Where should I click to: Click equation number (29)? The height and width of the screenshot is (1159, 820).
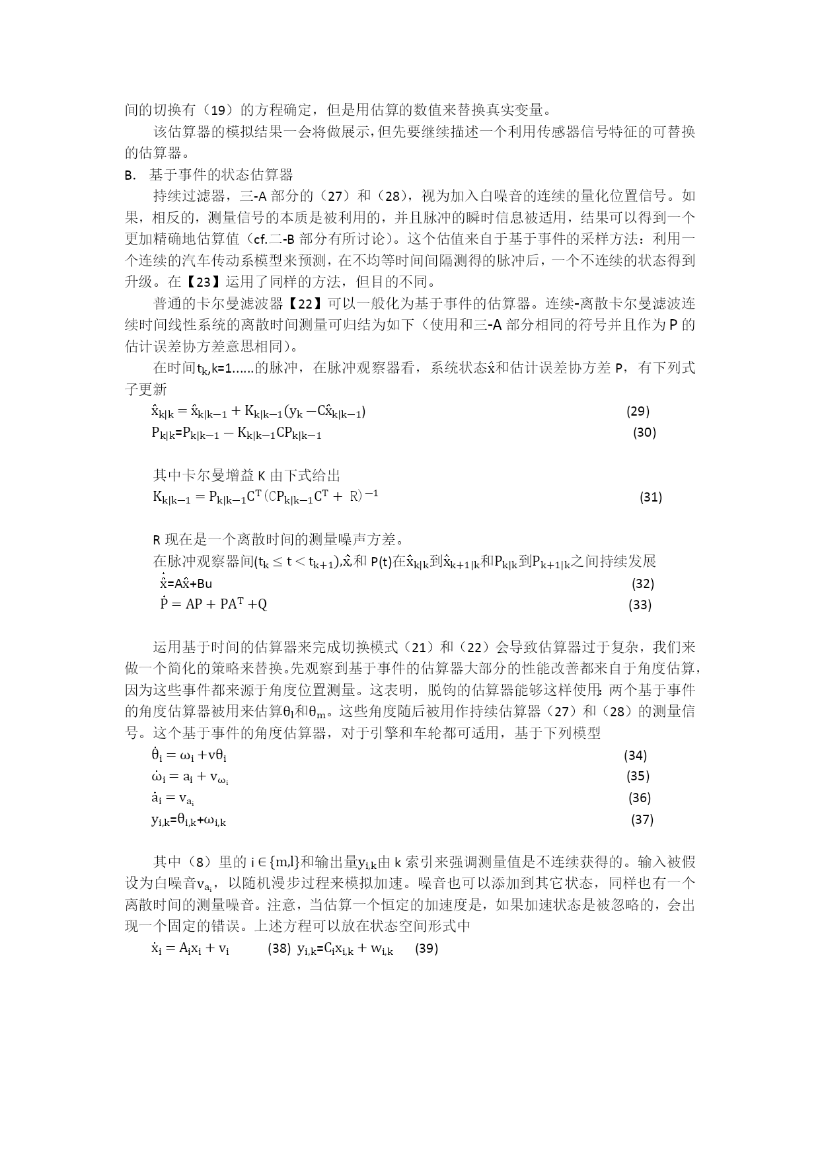(638, 411)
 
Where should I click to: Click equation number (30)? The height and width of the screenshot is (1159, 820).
(644, 432)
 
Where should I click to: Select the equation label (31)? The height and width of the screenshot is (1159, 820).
(651, 497)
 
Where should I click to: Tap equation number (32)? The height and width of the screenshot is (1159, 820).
(643, 583)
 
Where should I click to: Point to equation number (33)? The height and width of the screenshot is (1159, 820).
(640, 604)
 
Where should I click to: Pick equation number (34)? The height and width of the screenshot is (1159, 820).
(635, 755)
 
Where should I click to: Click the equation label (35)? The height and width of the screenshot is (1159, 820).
(638, 776)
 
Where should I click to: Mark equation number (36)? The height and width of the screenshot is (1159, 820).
(639, 798)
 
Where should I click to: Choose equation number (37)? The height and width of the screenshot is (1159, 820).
(642, 819)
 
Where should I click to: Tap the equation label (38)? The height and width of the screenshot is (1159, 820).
(279, 948)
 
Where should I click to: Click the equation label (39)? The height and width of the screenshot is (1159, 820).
(427, 948)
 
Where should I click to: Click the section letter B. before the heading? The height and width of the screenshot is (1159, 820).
(130, 175)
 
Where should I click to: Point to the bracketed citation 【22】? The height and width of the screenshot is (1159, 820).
(305, 303)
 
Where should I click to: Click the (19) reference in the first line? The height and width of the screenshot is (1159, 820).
(225, 110)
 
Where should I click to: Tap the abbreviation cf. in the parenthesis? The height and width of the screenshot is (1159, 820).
(260, 239)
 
